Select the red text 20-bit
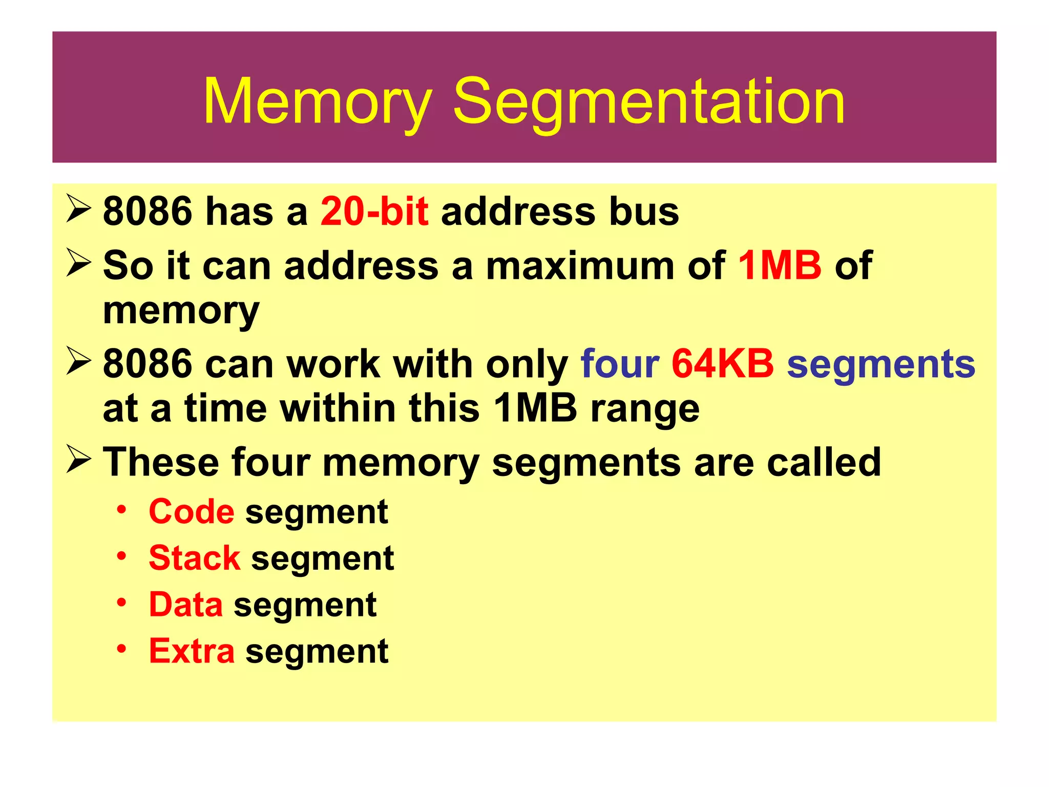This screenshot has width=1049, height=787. click(x=374, y=212)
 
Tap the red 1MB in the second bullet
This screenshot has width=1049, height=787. click(x=780, y=265)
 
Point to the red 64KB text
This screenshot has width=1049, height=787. click(x=722, y=364)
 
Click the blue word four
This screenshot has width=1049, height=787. click(x=620, y=364)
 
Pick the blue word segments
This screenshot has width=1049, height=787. click(x=880, y=365)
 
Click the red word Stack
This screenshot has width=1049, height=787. click(x=194, y=558)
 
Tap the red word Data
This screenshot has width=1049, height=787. click(x=186, y=605)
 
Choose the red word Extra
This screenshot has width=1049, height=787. click(x=192, y=651)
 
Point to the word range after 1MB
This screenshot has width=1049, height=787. click(x=645, y=410)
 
